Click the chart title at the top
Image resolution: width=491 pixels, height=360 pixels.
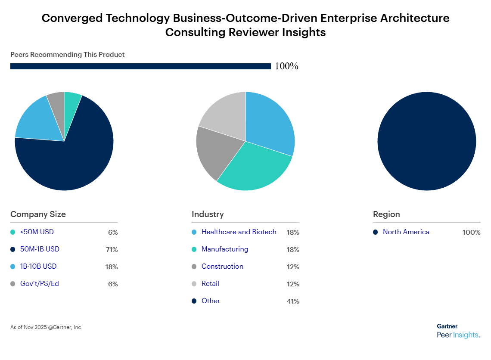(x=245, y=25)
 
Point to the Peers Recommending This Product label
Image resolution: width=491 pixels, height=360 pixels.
(x=67, y=55)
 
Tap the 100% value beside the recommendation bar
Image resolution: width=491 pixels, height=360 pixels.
(x=286, y=66)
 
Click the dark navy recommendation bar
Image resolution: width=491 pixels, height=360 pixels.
(x=140, y=66)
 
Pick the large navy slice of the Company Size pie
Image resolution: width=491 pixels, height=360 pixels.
(x=69, y=159)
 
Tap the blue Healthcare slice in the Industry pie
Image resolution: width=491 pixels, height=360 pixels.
(x=269, y=123)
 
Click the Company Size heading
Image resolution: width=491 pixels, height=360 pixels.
(x=38, y=214)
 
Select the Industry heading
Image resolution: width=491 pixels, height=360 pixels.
(x=208, y=214)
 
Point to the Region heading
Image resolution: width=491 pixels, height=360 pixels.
(x=386, y=214)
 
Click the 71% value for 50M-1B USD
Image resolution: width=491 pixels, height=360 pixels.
(x=112, y=249)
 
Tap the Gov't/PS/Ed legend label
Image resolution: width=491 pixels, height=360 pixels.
(x=40, y=284)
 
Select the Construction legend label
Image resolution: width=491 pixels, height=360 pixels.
(x=222, y=267)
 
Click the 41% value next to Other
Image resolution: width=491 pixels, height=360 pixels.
(x=292, y=301)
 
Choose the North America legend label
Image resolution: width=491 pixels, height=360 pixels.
(x=406, y=232)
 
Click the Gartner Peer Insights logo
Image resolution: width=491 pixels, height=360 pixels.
(x=458, y=331)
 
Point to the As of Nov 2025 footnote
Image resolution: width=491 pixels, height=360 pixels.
(x=46, y=327)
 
